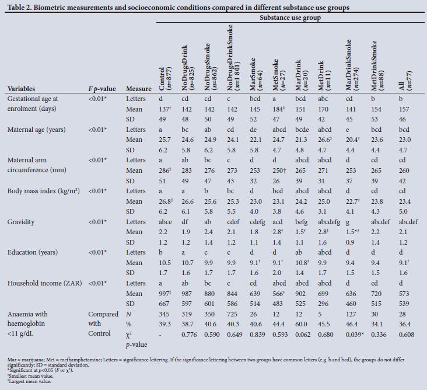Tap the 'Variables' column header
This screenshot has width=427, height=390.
tap(24, 89)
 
